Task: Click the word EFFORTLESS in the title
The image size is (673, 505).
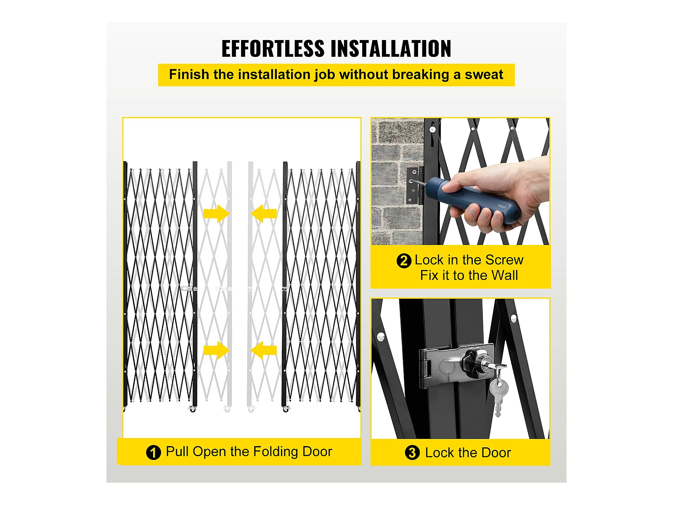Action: click(x=273, y=49)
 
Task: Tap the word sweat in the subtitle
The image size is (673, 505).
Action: click(x=484, y=74)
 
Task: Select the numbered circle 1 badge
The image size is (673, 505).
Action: click(x=153, y=452)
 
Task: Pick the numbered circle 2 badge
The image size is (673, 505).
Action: click(x=404, y=261)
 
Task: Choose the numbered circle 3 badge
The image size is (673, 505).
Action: click(x=412, y=452)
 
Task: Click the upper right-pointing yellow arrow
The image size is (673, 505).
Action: click(x=217, y=214)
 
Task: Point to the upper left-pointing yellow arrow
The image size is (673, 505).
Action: click(x=264, y=214)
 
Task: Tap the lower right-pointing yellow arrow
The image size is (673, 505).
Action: click(x=217, y=350)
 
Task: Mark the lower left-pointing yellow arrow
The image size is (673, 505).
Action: click(x=264, y=350)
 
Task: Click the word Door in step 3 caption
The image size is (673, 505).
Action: click(x=496, y=453)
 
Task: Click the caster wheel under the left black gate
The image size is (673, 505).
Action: click(x=193, y=409)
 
